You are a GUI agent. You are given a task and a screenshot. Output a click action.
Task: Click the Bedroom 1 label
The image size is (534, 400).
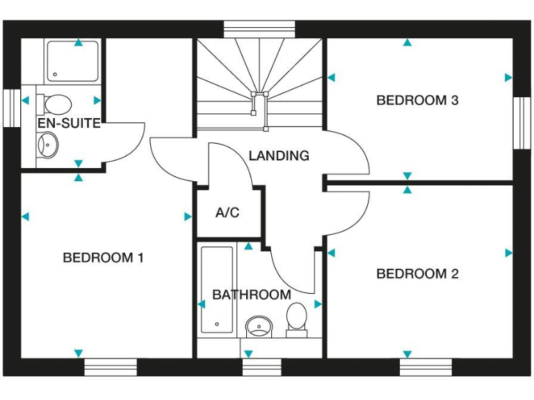click(103, 258)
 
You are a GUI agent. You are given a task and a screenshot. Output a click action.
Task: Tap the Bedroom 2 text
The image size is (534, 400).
click(417, 274)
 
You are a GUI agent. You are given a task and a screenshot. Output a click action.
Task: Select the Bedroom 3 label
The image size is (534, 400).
click(417, 100)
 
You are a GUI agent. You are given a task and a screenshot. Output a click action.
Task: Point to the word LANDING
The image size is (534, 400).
click(279, 156)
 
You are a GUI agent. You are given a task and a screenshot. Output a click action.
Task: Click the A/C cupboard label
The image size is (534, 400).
click(227, 212)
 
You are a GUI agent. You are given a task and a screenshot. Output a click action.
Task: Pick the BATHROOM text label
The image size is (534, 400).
click(252, 294)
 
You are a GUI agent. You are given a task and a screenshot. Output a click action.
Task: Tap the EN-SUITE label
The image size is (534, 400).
click(69, 124)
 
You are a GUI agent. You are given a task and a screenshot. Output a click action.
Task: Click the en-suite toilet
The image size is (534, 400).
click(56, 104)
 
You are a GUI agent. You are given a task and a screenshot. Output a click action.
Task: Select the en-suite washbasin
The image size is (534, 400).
click(47, 144)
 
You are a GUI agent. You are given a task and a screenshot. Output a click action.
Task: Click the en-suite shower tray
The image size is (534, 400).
click(73, 61)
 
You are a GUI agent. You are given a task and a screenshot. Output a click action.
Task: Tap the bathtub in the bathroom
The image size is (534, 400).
click(217, 290)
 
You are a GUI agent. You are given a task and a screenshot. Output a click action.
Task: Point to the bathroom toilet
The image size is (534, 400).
click(297, 319)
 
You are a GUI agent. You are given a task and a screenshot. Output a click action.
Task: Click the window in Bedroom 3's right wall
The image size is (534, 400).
click(521, 122)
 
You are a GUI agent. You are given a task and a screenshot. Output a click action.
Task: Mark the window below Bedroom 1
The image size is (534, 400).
click(111, 367)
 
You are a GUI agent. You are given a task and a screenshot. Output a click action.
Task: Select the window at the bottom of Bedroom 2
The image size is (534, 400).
click(426, 367)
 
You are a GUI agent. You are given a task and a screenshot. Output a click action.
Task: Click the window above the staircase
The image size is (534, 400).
click(259, 28)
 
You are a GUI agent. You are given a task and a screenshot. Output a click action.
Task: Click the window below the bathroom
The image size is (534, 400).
click(261, 367)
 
